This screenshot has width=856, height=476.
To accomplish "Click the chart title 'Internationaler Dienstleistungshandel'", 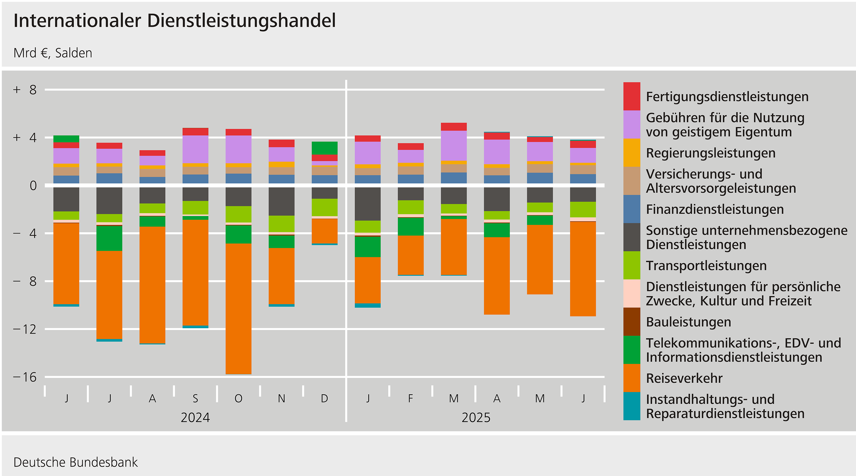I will click(x=174, y=21).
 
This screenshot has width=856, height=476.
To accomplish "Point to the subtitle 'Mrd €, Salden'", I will click(x=53, y=53).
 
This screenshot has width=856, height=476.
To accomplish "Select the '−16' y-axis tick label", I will click(x=25, y=377).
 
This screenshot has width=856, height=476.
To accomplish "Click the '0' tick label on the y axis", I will click(x=33, y=185).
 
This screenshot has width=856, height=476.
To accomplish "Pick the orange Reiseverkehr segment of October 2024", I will click(x=238, y=308).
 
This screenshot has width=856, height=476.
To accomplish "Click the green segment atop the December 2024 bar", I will click(x=324, y=148).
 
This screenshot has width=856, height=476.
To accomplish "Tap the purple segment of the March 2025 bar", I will click(x=454, y=146).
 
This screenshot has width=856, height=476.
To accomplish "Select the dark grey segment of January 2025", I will click(x=368, y=204).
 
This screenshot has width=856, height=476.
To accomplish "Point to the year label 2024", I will click(x=195, y=417).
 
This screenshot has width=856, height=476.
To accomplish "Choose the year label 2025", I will click(x=476, y=417).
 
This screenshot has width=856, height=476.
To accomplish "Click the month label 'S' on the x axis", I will click(x=195, y=398).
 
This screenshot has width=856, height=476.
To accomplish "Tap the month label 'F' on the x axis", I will click(x=410, y=398).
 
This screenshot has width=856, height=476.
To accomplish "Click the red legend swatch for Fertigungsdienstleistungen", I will click(x=631, y=96).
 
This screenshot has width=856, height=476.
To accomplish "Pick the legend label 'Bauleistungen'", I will click(x=688, y=322).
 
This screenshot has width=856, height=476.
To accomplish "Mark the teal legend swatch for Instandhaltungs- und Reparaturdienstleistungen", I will click(x=631, y=406).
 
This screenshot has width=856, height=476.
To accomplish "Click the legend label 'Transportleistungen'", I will click(x=706, y=266).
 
